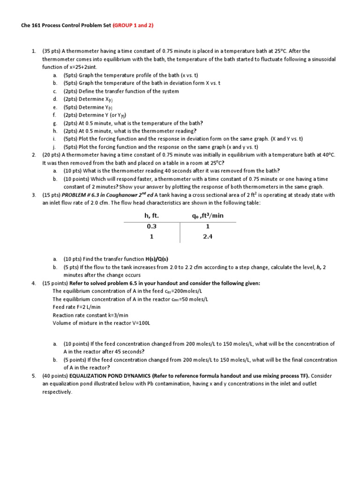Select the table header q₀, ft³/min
[x=208, y=215]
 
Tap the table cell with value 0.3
[x=151, y=226]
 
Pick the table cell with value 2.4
[x=208, y=237]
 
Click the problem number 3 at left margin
[x=34, y=195]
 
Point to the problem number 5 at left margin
[x=34, y=376]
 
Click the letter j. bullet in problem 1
[x=55, y=147]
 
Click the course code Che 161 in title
[x=30, y=26]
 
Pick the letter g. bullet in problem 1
[x=55, y=123]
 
